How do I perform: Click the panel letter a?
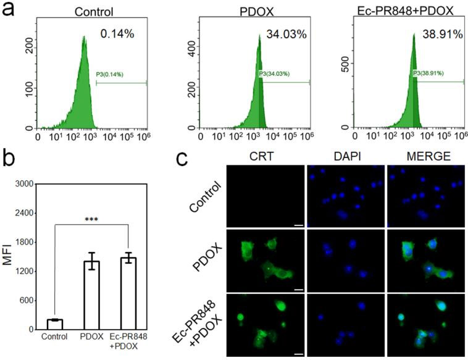10,10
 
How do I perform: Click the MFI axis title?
7,256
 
